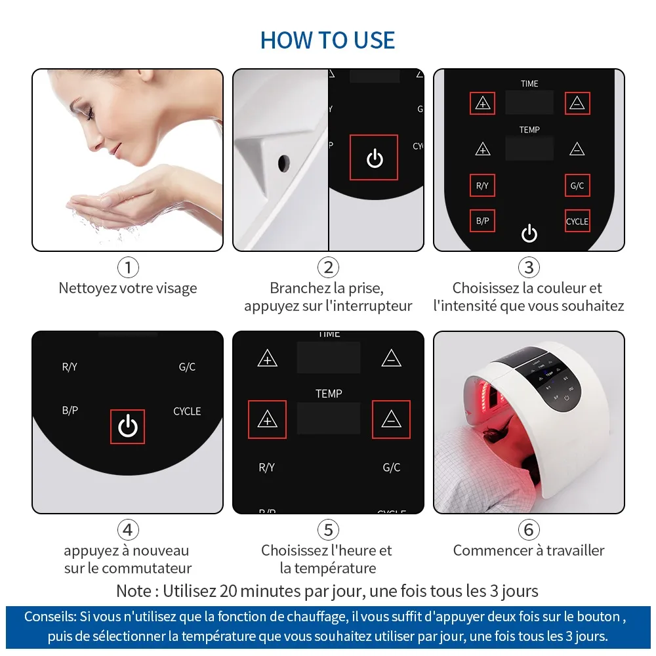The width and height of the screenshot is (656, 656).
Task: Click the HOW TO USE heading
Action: [327, 40]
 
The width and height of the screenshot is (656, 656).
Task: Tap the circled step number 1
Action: [128, 268]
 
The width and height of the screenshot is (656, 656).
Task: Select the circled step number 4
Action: [128, 529]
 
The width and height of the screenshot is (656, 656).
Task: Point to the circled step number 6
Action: [529, 529]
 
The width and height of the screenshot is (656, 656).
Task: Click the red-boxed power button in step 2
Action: [374, 157]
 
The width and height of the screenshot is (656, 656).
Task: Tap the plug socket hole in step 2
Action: [283, 163]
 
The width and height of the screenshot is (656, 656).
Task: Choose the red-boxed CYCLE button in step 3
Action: [577, 221]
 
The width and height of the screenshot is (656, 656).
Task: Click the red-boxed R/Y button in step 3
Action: [482, 186]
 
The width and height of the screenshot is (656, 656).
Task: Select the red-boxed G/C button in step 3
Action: [577, 186]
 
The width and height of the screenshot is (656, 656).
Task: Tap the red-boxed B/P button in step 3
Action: [482, 220]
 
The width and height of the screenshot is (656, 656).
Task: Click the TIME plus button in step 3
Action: [482, 103]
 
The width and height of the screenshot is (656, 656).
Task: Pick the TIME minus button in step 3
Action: [577, 103]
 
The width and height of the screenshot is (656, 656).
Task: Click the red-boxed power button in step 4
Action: [128, 426]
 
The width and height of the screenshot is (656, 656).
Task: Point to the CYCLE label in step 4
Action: [187, 411]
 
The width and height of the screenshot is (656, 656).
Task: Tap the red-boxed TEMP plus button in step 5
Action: [268, 419]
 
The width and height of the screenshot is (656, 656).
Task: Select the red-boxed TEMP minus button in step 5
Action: [391, 419]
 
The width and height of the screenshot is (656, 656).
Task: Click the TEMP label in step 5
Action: [329, 393]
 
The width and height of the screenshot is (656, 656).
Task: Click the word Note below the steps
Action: [133, 591]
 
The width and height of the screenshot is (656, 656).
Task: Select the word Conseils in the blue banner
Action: [51, 617]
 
